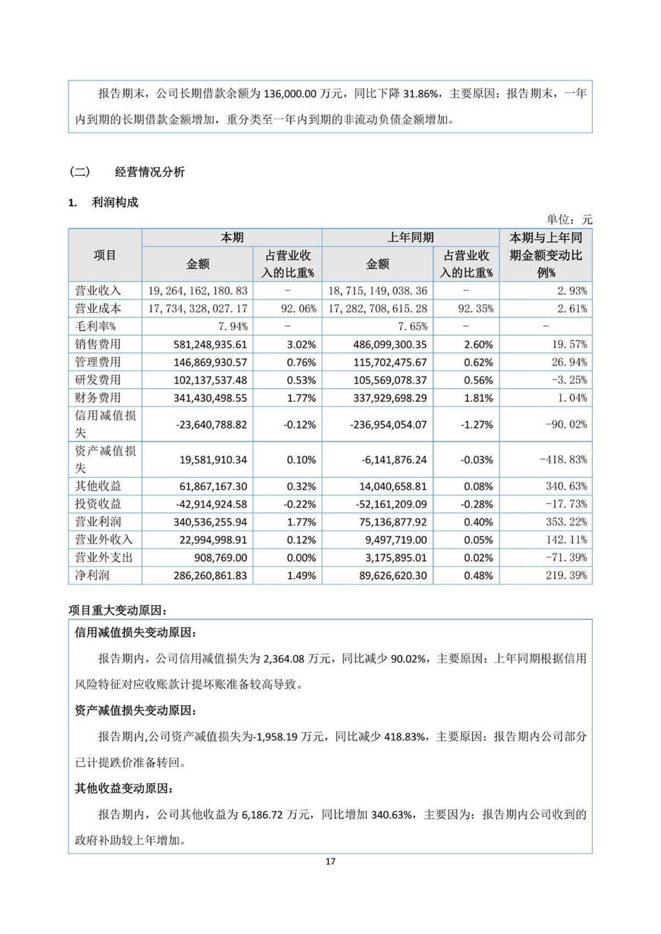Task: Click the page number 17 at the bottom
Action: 330,861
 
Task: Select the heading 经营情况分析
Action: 149,172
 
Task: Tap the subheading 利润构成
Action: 115,203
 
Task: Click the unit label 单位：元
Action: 569,220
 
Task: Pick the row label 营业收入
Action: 98,291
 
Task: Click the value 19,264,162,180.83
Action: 198,291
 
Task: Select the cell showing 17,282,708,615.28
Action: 378,308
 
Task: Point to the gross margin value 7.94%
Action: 233,327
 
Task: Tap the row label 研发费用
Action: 98,380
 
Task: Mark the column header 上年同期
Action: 410,238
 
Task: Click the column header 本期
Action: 232,238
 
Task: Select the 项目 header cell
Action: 105,256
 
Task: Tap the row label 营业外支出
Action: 104,557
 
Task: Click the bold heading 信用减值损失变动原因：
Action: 136,633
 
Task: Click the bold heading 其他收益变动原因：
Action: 124,789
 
